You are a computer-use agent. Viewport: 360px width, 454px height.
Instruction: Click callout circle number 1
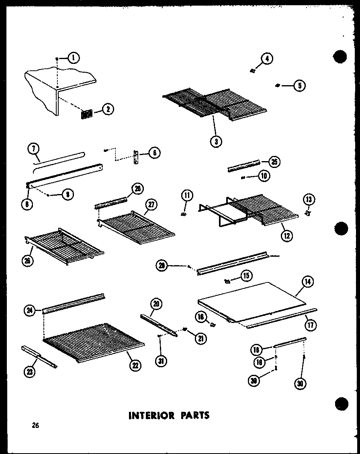coord(73,58)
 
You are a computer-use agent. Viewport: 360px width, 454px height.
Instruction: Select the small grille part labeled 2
coord(87,114)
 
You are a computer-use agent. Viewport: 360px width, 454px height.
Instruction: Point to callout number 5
coord(299,85)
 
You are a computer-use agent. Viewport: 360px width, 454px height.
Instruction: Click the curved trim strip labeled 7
coord(60,157)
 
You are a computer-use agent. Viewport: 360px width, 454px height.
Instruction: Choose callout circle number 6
coord(154,152)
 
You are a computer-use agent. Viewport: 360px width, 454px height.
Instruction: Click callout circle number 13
coord(310,200)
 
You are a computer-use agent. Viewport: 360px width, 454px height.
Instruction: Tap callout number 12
coord(286,236)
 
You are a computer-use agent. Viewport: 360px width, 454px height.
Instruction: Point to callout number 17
coord(309,321)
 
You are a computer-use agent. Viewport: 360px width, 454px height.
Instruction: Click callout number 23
coord(29,372)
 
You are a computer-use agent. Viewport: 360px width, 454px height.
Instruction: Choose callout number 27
coord(150,204)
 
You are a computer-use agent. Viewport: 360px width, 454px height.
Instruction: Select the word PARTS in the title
coord(194,415)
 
